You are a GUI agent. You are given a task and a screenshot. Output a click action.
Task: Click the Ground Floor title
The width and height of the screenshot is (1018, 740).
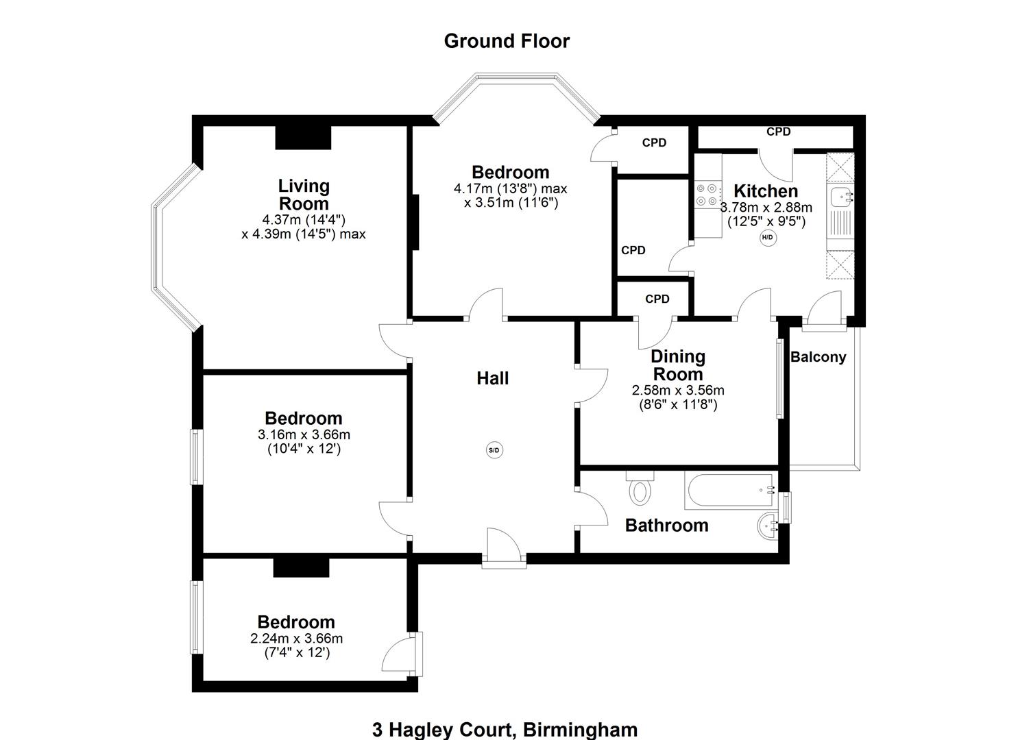click(x=507, y=41)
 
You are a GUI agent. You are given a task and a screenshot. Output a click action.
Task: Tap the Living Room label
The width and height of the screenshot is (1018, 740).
click(x=304, y=195)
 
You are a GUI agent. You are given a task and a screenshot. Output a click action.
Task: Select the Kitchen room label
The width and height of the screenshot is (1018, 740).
click(x=766, y=190)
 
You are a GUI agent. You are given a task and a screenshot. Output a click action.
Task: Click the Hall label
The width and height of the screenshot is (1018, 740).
click(x=493, y=378)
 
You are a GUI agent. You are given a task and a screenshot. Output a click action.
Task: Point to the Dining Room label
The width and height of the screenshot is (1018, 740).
click(x=678, y=365)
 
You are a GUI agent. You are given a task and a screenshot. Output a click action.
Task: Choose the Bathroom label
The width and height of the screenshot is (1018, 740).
click(x=666, y=526)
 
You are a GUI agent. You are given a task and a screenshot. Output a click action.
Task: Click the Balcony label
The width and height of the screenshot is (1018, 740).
click(x=818, y=357)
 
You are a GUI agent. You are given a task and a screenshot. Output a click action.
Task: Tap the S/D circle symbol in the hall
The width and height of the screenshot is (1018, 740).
click(x=494, y=450)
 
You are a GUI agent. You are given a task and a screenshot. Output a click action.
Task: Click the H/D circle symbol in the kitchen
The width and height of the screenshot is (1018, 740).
click(x=767, y=238)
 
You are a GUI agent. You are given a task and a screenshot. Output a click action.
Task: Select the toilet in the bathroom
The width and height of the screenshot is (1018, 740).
click(x=640, y=489)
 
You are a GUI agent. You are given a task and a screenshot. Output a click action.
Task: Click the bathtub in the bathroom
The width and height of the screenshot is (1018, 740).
click(x=729, y=491)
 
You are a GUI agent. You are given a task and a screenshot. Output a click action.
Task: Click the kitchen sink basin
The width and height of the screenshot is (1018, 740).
click(x=840, y=197)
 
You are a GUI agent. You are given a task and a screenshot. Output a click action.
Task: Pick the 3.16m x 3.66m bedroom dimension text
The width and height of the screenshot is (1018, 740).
click(x=304, y=434)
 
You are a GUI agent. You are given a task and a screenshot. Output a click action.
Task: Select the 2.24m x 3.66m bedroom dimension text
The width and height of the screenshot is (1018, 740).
click(x=297, y=639)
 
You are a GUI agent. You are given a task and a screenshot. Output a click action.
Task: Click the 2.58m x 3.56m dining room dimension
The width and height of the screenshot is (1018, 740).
click(x=678, y=391)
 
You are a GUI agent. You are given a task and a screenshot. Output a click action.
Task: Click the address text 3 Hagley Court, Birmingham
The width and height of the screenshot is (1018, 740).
click(x=505, y=730)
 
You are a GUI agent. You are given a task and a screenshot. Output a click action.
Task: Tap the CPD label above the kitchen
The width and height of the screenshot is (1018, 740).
click(x=778, y=132)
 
